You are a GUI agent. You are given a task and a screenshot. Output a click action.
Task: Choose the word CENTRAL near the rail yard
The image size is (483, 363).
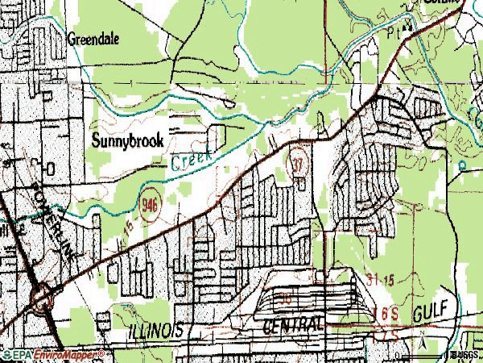[x=294, y=323]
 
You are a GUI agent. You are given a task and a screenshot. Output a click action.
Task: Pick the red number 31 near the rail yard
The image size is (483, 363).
[x=349, y=279]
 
